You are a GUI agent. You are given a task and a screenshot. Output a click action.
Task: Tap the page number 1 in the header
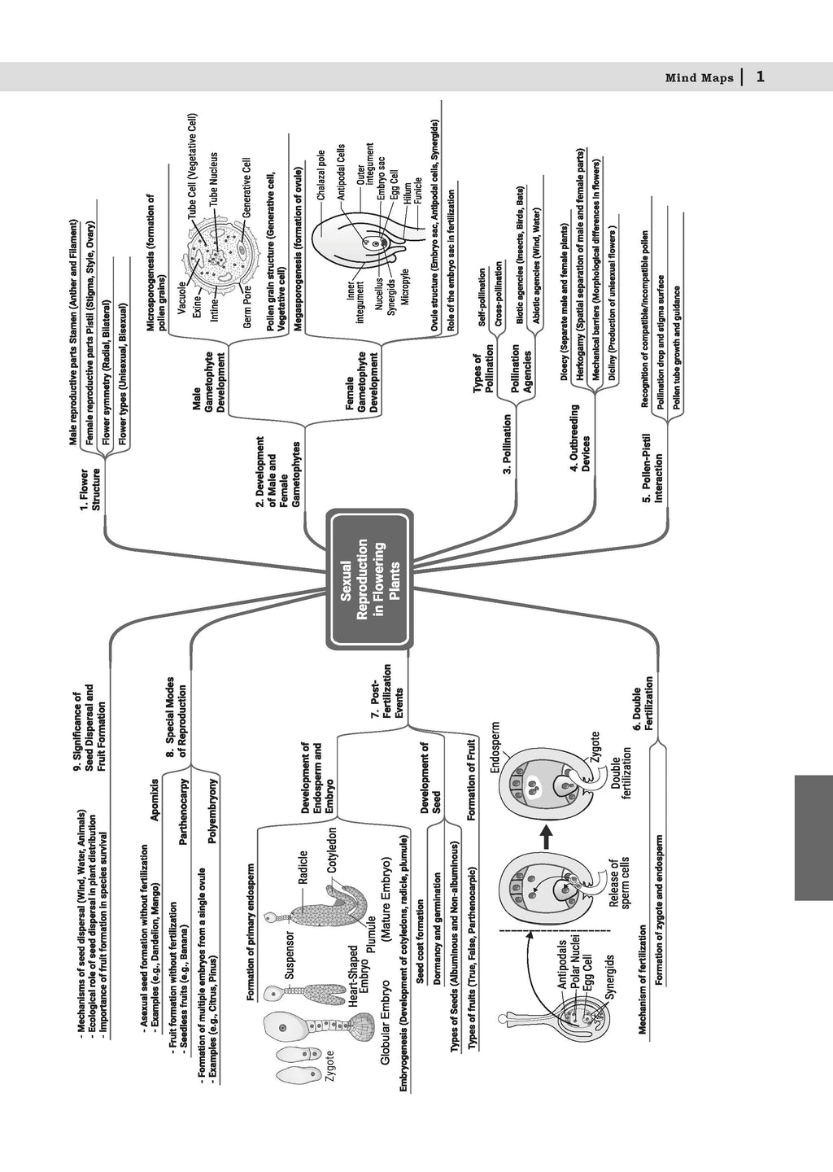point(759,77)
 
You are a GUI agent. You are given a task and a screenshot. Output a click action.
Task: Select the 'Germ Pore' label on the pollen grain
point(246,310)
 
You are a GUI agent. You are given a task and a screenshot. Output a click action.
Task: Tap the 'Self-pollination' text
point(482,297)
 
